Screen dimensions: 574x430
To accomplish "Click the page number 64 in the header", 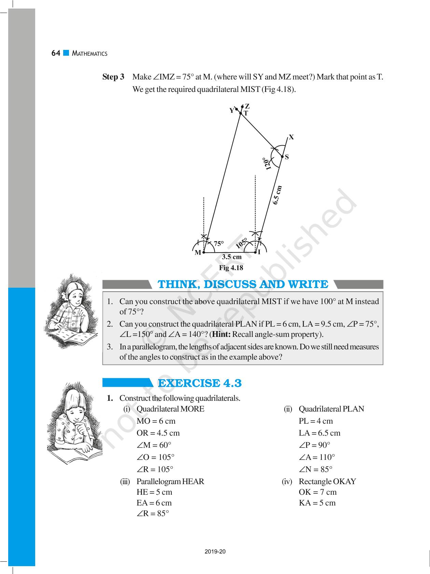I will pyautogui.click(x=56, y=53).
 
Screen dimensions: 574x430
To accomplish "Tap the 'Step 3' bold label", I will pyautogui.click(x=113, y=77).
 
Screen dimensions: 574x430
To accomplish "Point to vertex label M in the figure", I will pyautogui.click(x=198, y=253).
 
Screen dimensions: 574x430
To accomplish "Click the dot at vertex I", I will pyautogui.click(x=255, y=252).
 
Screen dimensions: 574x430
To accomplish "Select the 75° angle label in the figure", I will pyautogui.click(x=219, y=244).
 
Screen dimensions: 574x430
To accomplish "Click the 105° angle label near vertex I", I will pyautogui.click(x=241, y=243).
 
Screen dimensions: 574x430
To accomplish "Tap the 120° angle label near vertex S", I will pyautogui.click(x=266, y=163).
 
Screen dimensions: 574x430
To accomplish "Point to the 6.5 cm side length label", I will pyautogui.click(x=277, y=195).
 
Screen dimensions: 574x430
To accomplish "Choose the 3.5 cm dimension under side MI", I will pyautogui.click(x=232, y=257).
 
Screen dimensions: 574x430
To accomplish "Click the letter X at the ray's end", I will pyautogui.click(x=291, y=137).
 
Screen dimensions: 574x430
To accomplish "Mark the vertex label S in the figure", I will pyautogui.click(x=287, y=157).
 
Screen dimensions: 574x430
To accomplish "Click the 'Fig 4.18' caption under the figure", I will pyautogui.click(x=231, y=268).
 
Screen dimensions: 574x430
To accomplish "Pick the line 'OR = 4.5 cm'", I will pyautogui.click(x=158, y=433).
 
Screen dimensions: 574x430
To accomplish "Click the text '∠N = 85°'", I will pyautogui.click(x=316, y=469).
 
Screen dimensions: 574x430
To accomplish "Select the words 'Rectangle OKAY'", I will pyautogui.click(x=327, y=481).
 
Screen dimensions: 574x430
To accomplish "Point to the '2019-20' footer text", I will pyautogui.click(x=215, y=551).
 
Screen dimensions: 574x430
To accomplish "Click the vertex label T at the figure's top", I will pyautogui.click(x=246, y=113).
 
